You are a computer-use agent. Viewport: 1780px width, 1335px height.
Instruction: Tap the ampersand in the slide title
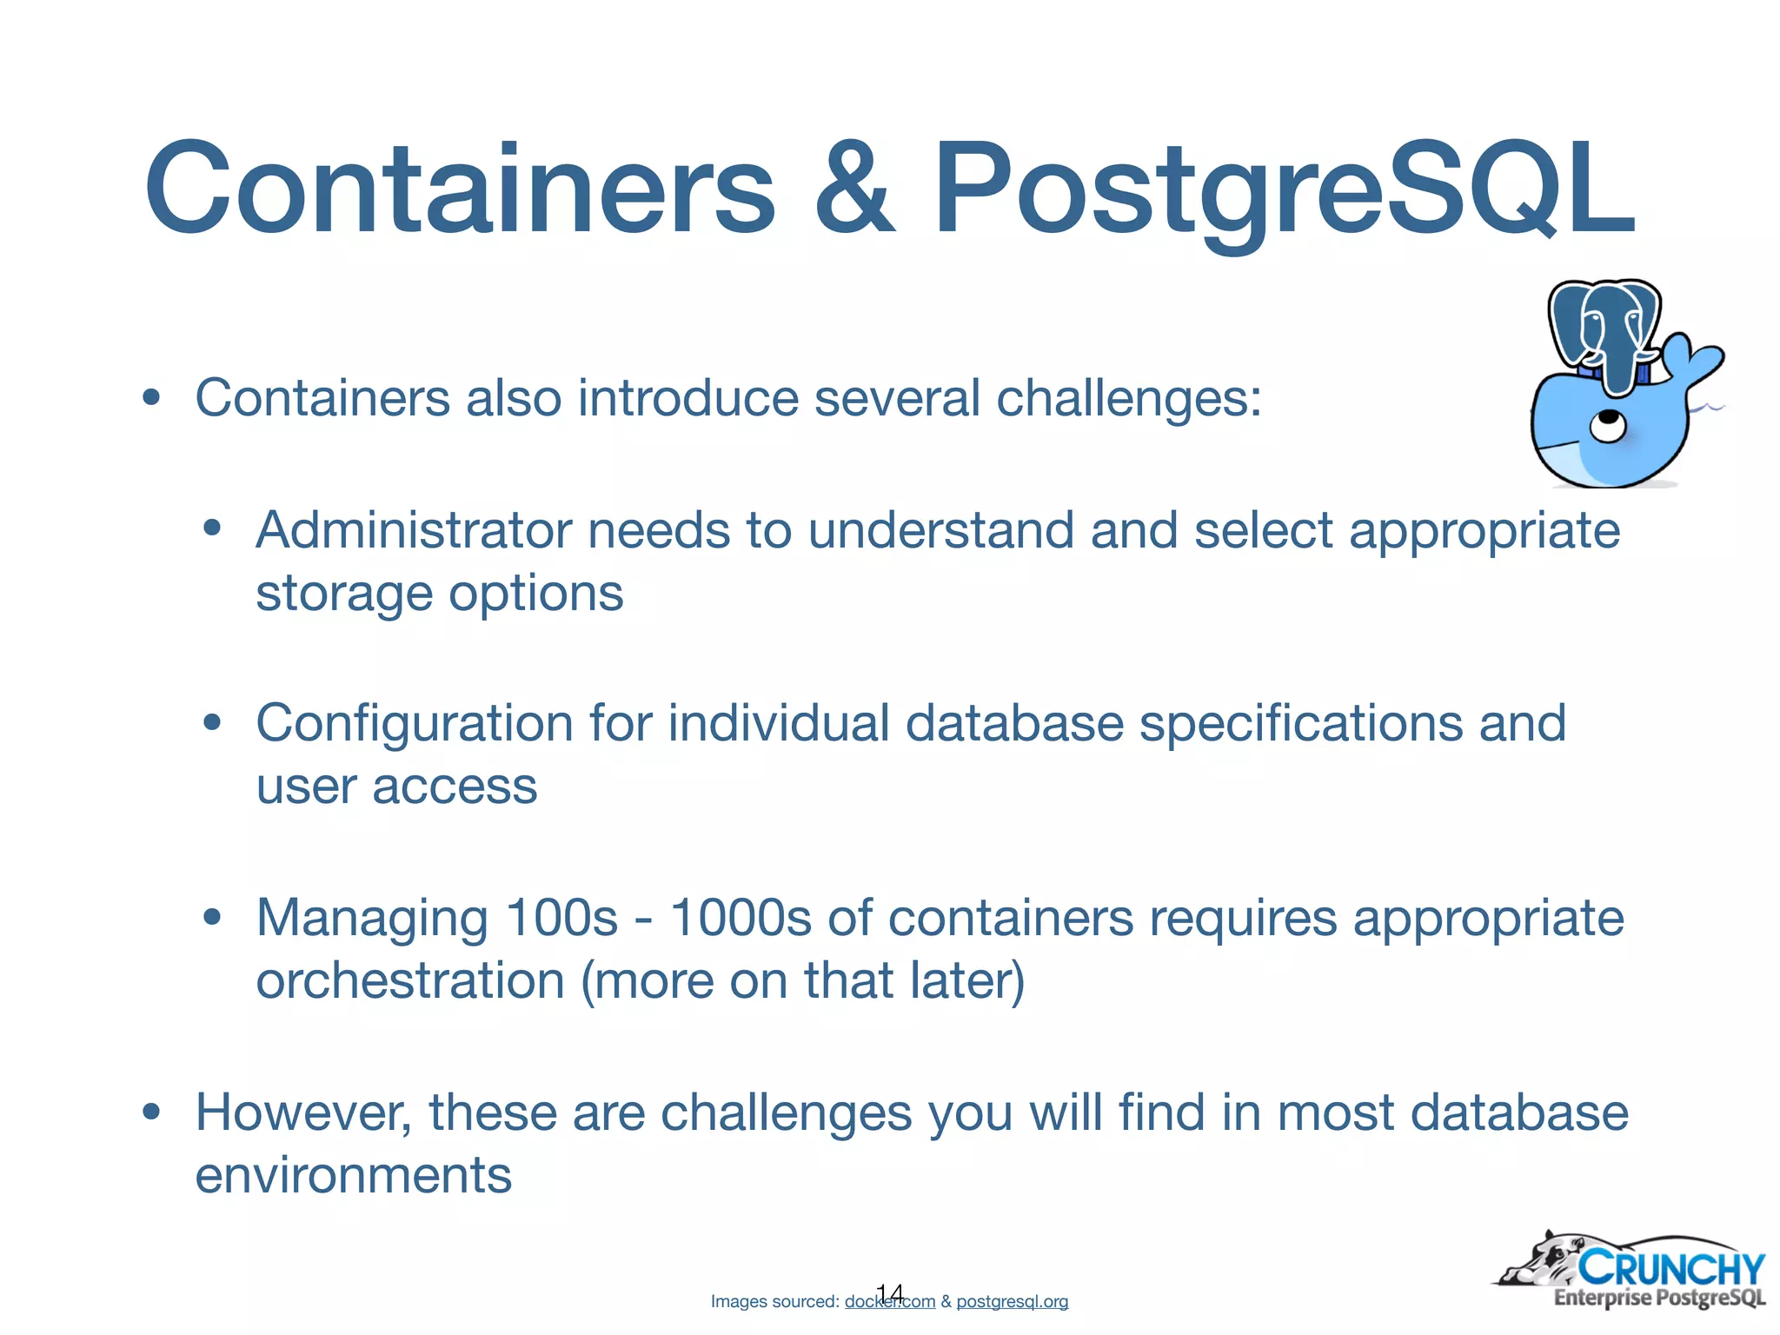[x=853, y=189]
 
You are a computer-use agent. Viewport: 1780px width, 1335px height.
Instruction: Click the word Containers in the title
[x=459, y=189]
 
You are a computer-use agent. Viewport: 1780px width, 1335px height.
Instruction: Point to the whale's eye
[x=1608, y=427]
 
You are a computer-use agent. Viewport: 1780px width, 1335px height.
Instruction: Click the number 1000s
[x=741, y=918]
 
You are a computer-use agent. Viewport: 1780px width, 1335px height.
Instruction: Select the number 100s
[x=561, y=918]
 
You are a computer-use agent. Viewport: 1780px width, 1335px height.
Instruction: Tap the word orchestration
[x=410, y=981]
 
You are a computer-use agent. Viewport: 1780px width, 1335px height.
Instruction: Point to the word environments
[x=353, y=1176]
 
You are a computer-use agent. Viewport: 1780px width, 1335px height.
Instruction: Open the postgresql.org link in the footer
[x=1012, y=1302]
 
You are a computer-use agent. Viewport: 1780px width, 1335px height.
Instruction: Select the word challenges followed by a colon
[x=1127, y=399]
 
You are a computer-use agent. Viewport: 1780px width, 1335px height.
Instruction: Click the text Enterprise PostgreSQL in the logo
[x=1659, y=1298]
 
